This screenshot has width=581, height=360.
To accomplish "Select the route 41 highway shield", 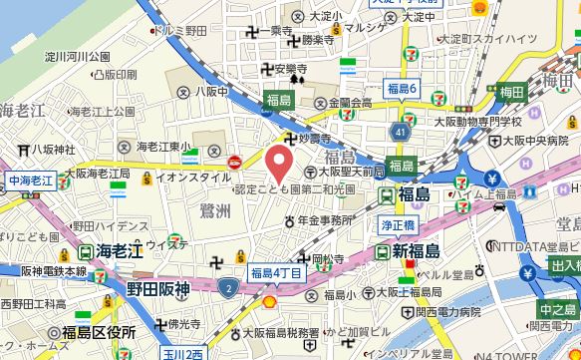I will (x=401, y=130).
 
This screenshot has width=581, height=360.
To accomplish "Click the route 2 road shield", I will (x=228, y=289).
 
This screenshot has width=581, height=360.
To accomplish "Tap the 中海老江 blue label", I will (x=29, y=181).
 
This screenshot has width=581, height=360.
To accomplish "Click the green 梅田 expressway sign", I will (x=511, y=93).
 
